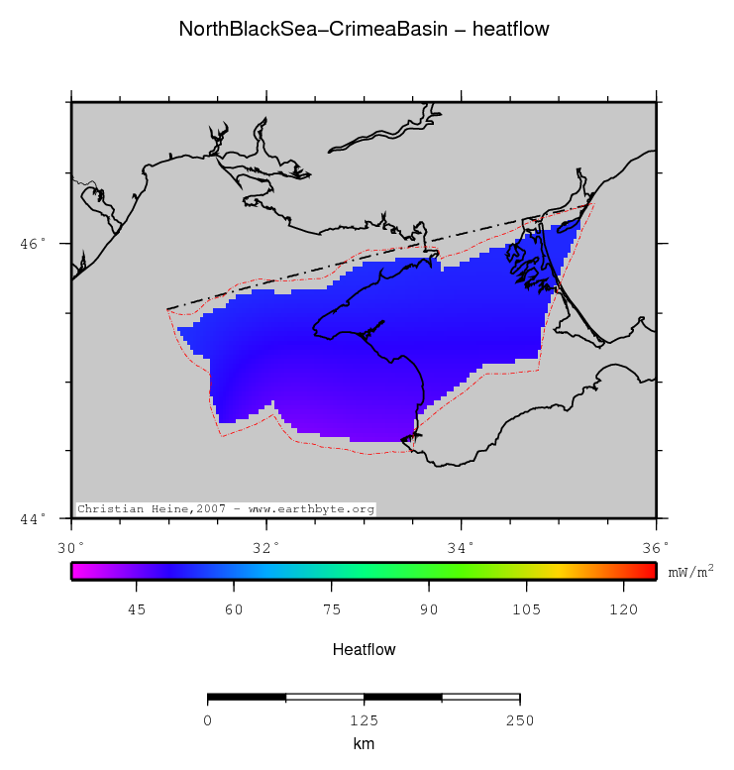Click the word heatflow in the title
tap(510, 30)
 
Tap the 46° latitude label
tap(34, 243)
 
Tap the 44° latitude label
tap(34, 518)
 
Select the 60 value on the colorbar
tap(234, 610)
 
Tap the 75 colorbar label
tap(331, 610)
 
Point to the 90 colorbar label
tap(429, 610)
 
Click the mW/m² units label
tap(691, 572)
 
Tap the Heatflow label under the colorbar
tap(364, 650)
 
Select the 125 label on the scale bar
tap(364, 719)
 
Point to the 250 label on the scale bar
tap(520, 719)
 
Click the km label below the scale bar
tap(364, 743)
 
